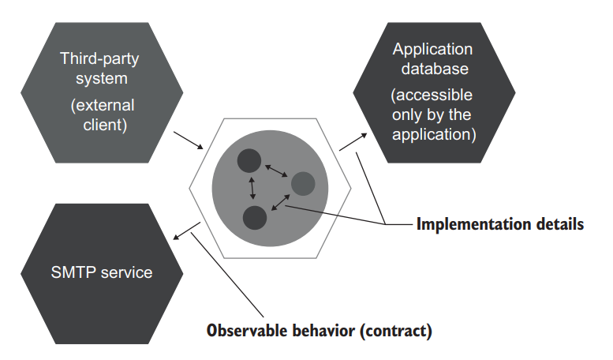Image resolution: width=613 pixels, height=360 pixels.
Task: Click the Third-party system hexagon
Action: [99, 92]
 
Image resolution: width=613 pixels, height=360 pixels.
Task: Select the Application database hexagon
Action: [434, 92]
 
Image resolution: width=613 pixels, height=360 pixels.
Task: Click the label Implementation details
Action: [499, 224]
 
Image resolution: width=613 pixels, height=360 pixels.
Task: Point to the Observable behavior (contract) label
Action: [319, 330]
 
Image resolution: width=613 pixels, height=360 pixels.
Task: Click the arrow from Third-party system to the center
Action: [189, 141]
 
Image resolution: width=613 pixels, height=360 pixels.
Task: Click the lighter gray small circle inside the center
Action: [303, 184]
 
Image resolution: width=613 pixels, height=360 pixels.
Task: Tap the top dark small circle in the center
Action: [249, 160]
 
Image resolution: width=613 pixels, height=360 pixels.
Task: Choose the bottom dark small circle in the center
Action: [255, 216]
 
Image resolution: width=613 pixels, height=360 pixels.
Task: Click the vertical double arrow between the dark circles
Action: [252, 188]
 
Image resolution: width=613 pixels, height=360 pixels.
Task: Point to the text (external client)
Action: [98, 114]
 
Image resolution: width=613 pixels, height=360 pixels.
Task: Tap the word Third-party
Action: [99, 58]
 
